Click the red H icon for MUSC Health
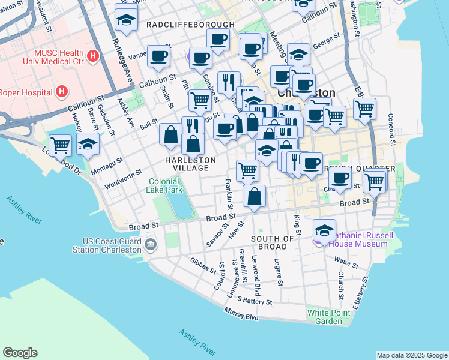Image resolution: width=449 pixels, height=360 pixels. (x=92, y=57)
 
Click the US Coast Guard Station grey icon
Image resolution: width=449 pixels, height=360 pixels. (x=150, y=244)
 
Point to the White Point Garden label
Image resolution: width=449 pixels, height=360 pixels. (x=325, y=317)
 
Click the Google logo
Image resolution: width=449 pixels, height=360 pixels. (x=20, y=353)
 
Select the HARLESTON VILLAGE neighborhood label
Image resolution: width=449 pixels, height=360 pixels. (x=190, y=165)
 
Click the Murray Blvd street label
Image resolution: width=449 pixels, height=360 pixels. (x=241, y=313)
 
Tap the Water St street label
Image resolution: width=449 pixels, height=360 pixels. (x=346, y=262)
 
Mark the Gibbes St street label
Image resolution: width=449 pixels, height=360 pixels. (x=203, y=265)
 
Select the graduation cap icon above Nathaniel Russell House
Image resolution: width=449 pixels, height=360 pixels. (x=324, y=230)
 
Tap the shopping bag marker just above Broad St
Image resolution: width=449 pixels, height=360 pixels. (x=255, y=196)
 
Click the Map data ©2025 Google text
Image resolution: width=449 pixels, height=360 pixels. (x=411, y=355)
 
